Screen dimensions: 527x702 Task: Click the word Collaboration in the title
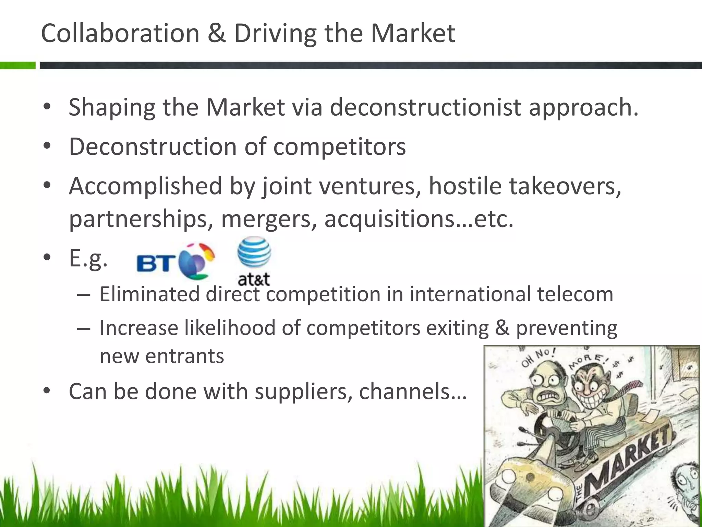point(120,33)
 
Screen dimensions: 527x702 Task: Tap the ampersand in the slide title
point(216,33)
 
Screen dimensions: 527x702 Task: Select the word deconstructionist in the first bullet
point(425,107)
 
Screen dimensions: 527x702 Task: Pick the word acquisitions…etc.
point(419,219)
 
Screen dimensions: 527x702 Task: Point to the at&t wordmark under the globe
point(254,279)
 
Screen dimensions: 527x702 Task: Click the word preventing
point(567,328)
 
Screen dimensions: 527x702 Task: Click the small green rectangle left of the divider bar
point(17,65)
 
